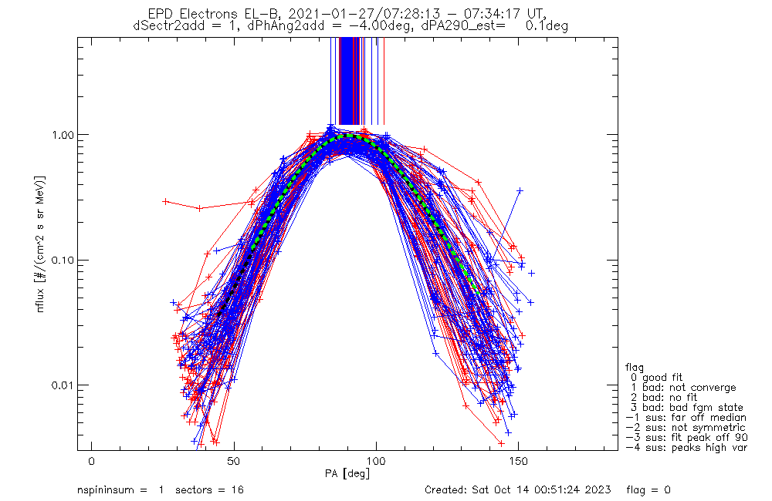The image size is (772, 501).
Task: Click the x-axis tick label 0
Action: click(92, 461)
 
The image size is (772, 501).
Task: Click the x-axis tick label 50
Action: click(234, 461)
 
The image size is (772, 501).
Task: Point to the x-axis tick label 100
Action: click(376, 461)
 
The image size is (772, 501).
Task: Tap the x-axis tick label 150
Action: click(518, 461)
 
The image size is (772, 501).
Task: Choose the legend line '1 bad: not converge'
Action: click(682, 387)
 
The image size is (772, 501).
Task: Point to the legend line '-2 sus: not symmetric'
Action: click(686, 427)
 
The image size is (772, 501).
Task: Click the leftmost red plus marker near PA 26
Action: click(165, 201)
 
